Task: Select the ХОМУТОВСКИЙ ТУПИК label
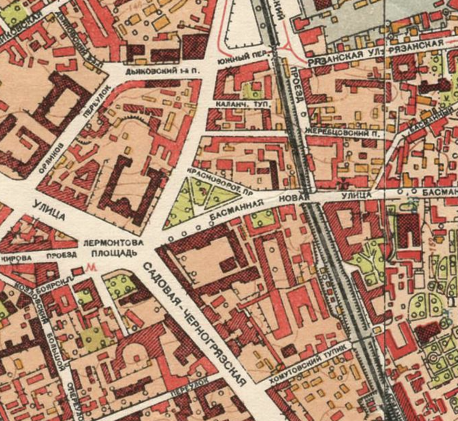(310, 363)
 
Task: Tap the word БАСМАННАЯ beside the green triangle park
(237, 210)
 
